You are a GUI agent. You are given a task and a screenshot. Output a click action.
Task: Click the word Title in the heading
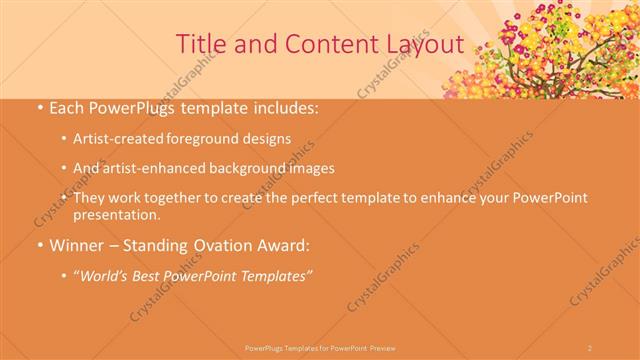[x=200, y=43]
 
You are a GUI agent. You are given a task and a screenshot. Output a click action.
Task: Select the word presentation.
[x=116, y=214]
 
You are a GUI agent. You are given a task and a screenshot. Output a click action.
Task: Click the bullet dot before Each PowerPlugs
[x=39, y=107]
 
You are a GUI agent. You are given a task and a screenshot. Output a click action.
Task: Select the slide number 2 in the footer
[x=590, y=347]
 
